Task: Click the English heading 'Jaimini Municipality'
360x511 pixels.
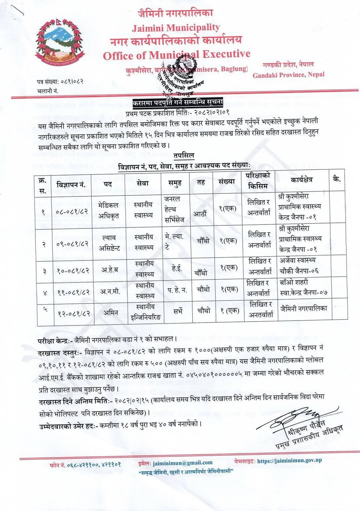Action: pyautogui.click(x=176, y=28)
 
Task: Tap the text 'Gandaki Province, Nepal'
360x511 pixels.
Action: pyautogui.click(x=288, y=75)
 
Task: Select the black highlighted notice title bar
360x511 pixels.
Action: pyautogui.click(x=178, y=102)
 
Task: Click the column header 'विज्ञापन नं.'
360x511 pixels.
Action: pyautogui.click(x=71, y=184)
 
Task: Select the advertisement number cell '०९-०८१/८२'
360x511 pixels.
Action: pyautogui.click(x=72, y=243)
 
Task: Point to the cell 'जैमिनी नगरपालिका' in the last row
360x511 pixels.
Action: pyautogui.click(x=303, y=309)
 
